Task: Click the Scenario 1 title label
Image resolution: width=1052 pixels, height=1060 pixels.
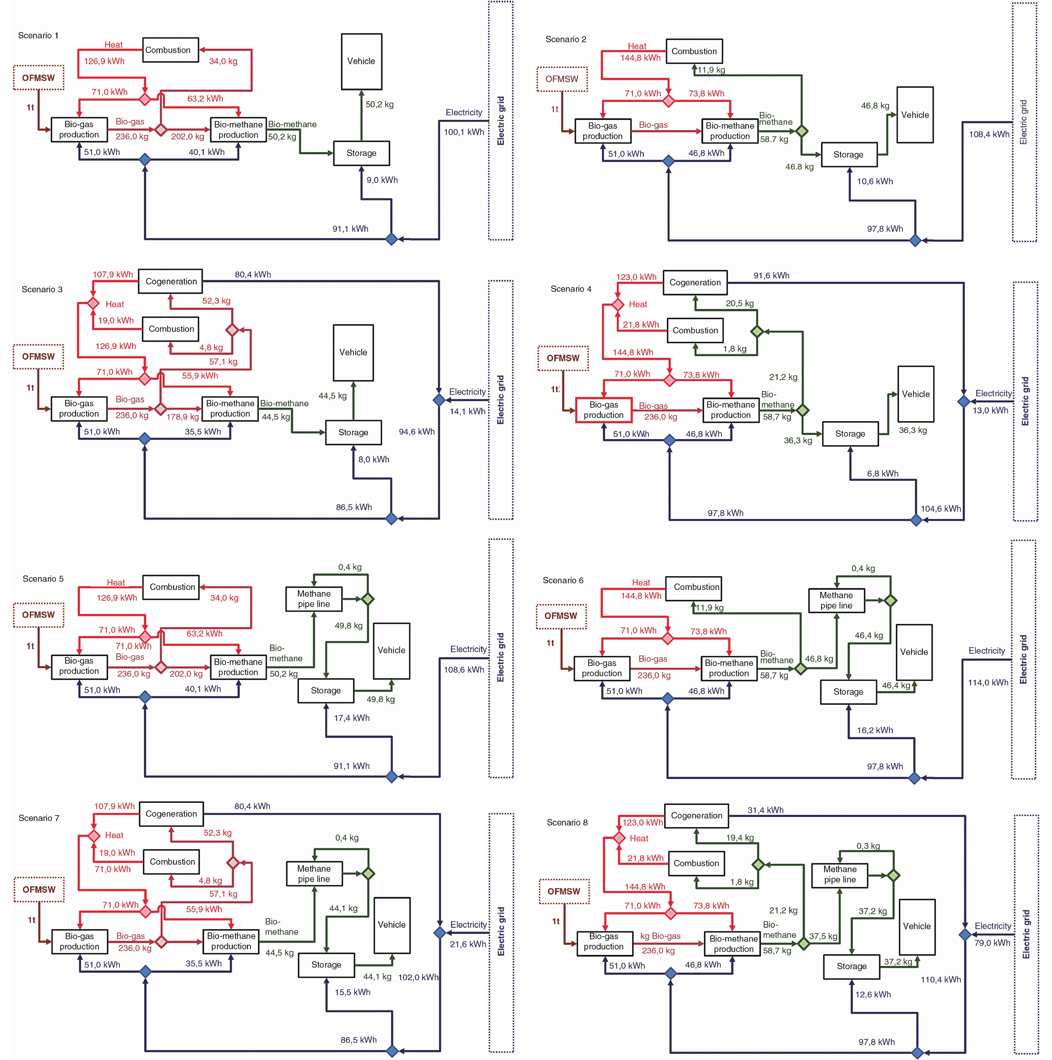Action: tap(39, 36)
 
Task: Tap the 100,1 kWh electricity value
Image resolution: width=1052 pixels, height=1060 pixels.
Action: tap(463, 132)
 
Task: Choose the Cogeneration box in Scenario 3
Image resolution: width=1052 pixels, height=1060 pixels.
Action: tap(171, 281)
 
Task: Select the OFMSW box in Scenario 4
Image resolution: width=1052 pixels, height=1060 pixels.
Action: tap(563, 358)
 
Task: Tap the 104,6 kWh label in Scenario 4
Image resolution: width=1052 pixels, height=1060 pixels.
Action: tap(940, 509)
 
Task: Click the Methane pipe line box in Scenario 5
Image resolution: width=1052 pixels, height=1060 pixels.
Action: tap(314, 599)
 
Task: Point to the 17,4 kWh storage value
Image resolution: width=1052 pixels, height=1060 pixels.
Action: tap(352, 717)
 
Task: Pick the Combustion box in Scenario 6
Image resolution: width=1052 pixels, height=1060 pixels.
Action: tap(696, 587)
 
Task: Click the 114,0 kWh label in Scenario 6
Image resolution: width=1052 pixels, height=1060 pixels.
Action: tap(988, 682)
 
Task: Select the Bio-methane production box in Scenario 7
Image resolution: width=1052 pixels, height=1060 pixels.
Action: tap(231, 941)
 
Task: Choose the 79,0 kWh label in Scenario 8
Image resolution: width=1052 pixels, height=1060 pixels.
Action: tap(992, 943)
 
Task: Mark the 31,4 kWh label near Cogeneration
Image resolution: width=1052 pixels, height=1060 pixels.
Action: tap(765, 810)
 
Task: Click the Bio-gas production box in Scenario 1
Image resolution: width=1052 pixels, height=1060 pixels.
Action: tap(79, 129)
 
